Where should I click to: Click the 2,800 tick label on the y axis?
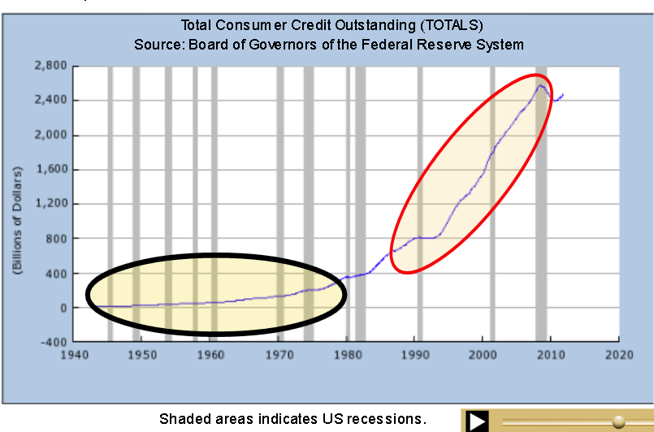pyautogui.click(x=50, y=66)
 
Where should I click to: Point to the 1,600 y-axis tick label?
pyautogui.click(x=51, y=169)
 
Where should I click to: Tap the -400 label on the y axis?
pyautogui.click(x=54, y=343)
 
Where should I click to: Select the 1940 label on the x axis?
pyautogui.click(x=74, y=355)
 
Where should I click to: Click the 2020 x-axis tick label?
pyautogui.click(x=619, y=355)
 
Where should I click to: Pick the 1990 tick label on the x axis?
pyautogui.click(x=415, y=355)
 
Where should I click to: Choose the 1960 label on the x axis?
pyautogui.click(x=210, y=355)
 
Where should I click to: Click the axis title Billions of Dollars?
pyautogui.click(x=17, y=220)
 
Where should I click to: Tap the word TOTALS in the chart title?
pyautogui.click(x=452, y=25)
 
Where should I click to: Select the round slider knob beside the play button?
pyautogui.click(x=618, y=421)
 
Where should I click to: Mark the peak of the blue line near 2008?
pyautogui.click(x=540, y=85)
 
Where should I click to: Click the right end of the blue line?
pyautogui.click(x=563, y=95)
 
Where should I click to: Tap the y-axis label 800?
pyautogui.click(x=58, y=239)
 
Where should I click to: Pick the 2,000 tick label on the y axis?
pyautogui.click(x=50, y=135)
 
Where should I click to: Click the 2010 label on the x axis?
pyautogui.click(x=551, y=355)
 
